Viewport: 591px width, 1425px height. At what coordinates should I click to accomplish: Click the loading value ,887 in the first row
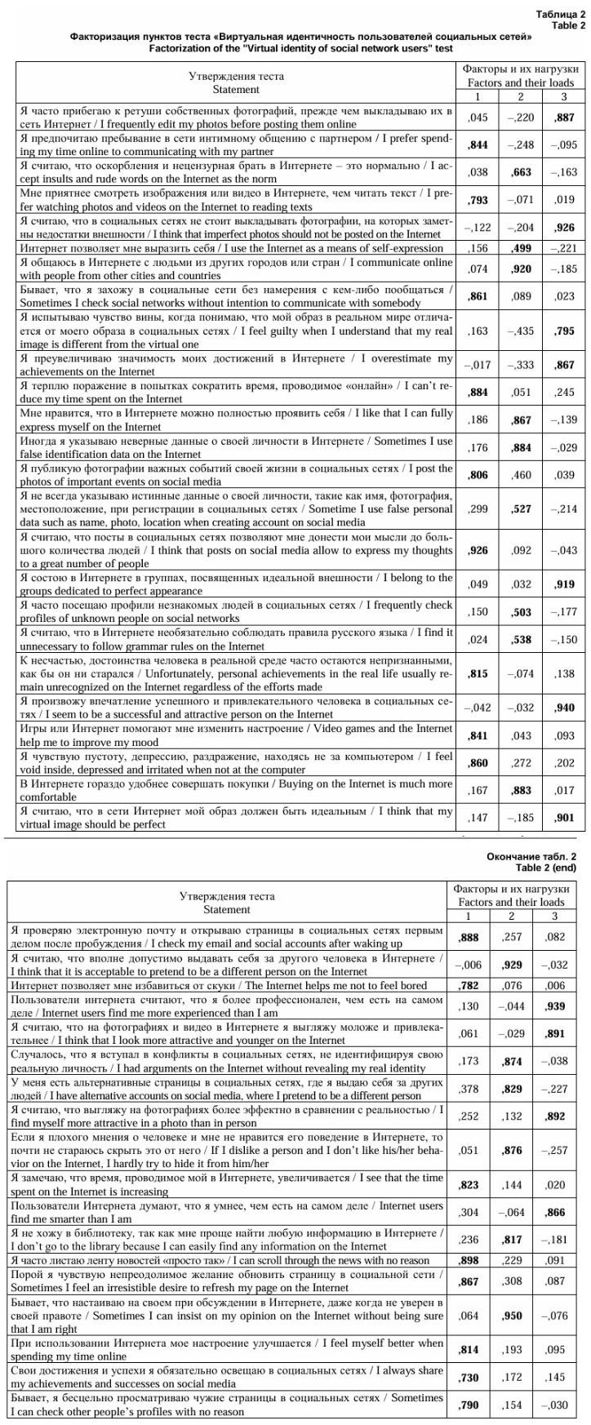(x=564, y=118)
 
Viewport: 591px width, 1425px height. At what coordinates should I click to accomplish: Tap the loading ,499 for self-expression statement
(x=522, y=248)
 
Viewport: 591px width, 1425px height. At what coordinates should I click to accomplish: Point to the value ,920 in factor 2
(x=522, y=269)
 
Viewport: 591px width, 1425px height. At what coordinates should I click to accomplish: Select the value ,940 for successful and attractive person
(x=564, y=708)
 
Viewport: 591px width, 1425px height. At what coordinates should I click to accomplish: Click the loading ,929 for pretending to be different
(x=513, y=965)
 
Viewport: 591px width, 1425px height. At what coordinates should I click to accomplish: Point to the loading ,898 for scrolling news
(x=469, y=1260)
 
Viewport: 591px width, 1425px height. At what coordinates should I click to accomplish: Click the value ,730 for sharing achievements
(x=469, y=1377)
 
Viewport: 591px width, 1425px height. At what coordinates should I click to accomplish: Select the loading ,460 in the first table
(x=522, y=476)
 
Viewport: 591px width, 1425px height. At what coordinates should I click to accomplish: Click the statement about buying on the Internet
(x=235, y=789)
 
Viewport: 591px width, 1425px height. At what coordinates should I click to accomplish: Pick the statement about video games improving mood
(x=235, y=735)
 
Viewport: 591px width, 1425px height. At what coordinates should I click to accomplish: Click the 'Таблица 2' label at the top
(x=561, y=15)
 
